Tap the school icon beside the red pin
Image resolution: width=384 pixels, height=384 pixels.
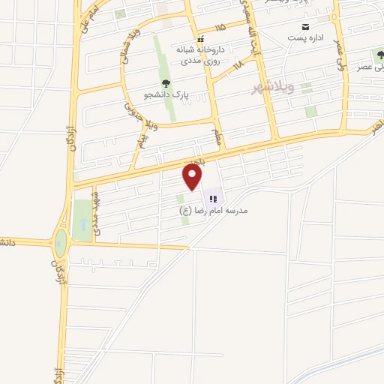(213, 199)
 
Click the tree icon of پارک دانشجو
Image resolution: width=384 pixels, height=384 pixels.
(164, 84)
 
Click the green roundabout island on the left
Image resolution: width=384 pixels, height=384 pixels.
(60, 242)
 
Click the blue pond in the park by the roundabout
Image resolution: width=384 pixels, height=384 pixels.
(80, 224)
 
